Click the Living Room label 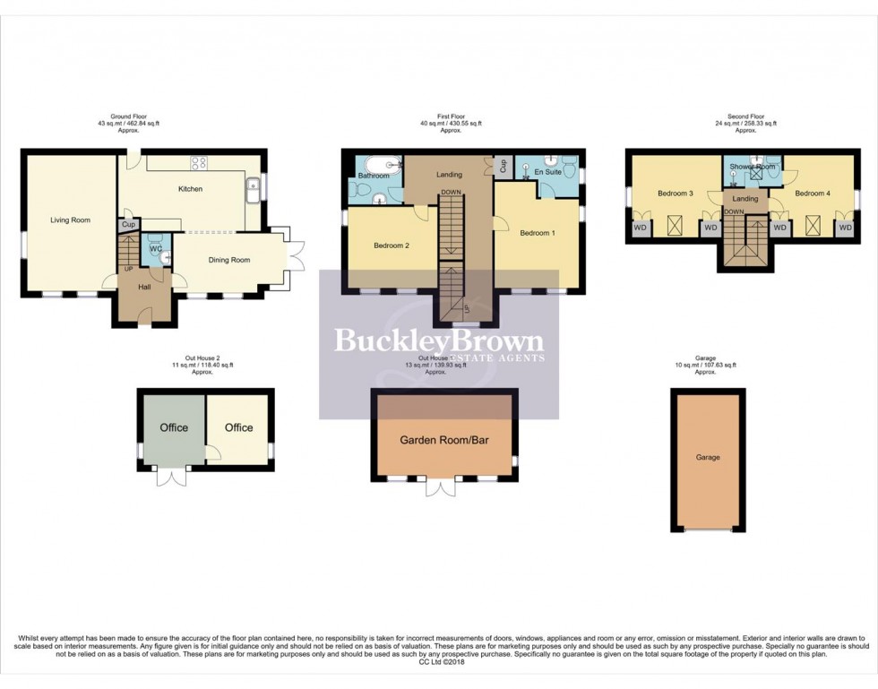tap(69, 220)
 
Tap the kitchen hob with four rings tap(199, 163)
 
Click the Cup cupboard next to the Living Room tap(127, 225)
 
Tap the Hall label tap(143, 287)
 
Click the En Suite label tap(547, 171)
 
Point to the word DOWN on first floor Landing tap(452, 192)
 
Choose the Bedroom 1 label tap(538, 233)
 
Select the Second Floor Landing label tap(745, 198)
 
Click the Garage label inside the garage tap(708, 457)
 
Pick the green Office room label tap(174, 427)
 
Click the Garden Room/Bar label tap(443, 440)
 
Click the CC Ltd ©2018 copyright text tap(438, 662)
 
